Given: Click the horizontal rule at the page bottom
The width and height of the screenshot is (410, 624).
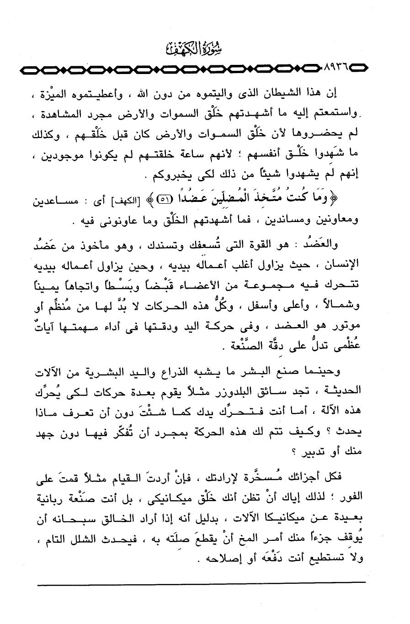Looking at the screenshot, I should click(x=201, y=582).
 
